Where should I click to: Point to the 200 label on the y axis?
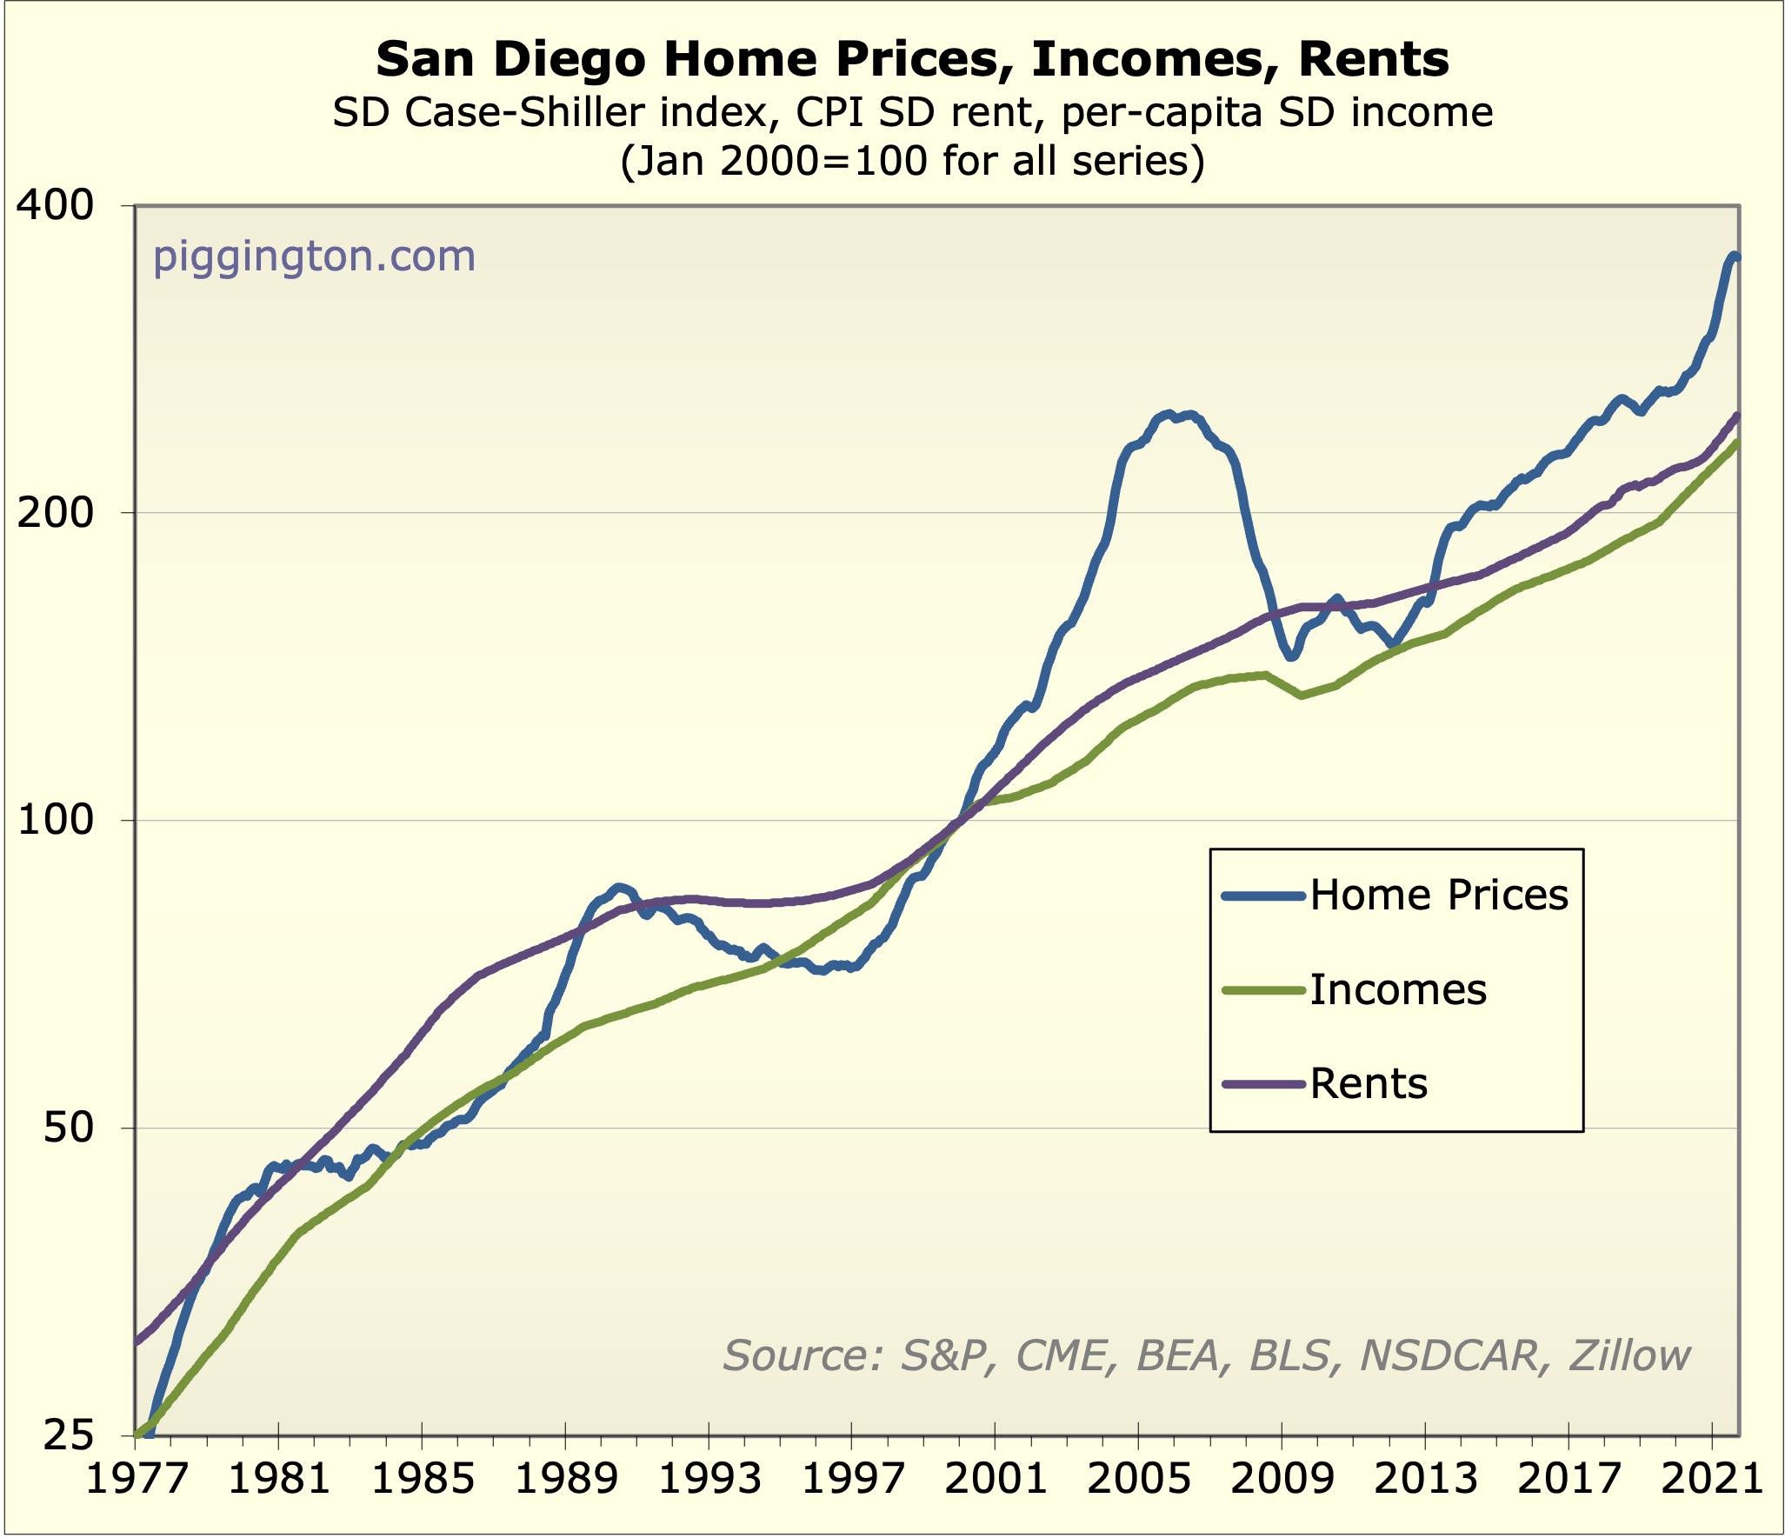54,513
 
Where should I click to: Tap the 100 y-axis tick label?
54,821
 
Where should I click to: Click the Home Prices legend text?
1439,896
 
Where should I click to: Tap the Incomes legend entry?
1398,990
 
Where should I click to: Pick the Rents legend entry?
1369,1084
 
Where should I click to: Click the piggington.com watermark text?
315,257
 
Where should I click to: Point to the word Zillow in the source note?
1630,1356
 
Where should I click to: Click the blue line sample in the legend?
1262,896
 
